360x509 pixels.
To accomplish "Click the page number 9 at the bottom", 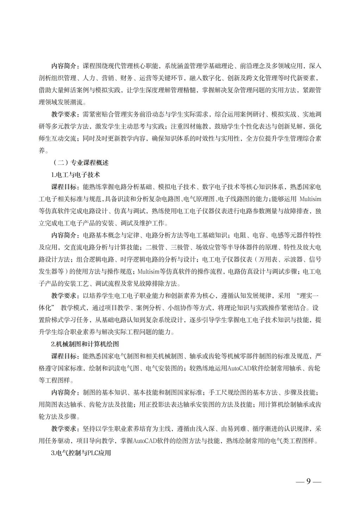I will (x=308, y=481).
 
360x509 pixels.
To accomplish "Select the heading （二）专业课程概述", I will (x=81, y=162).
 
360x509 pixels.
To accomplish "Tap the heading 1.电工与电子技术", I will (x=76, y=174).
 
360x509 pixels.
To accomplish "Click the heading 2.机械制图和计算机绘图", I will (x=86, y=344).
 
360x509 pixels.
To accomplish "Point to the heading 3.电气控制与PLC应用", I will (x=81, y=453).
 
